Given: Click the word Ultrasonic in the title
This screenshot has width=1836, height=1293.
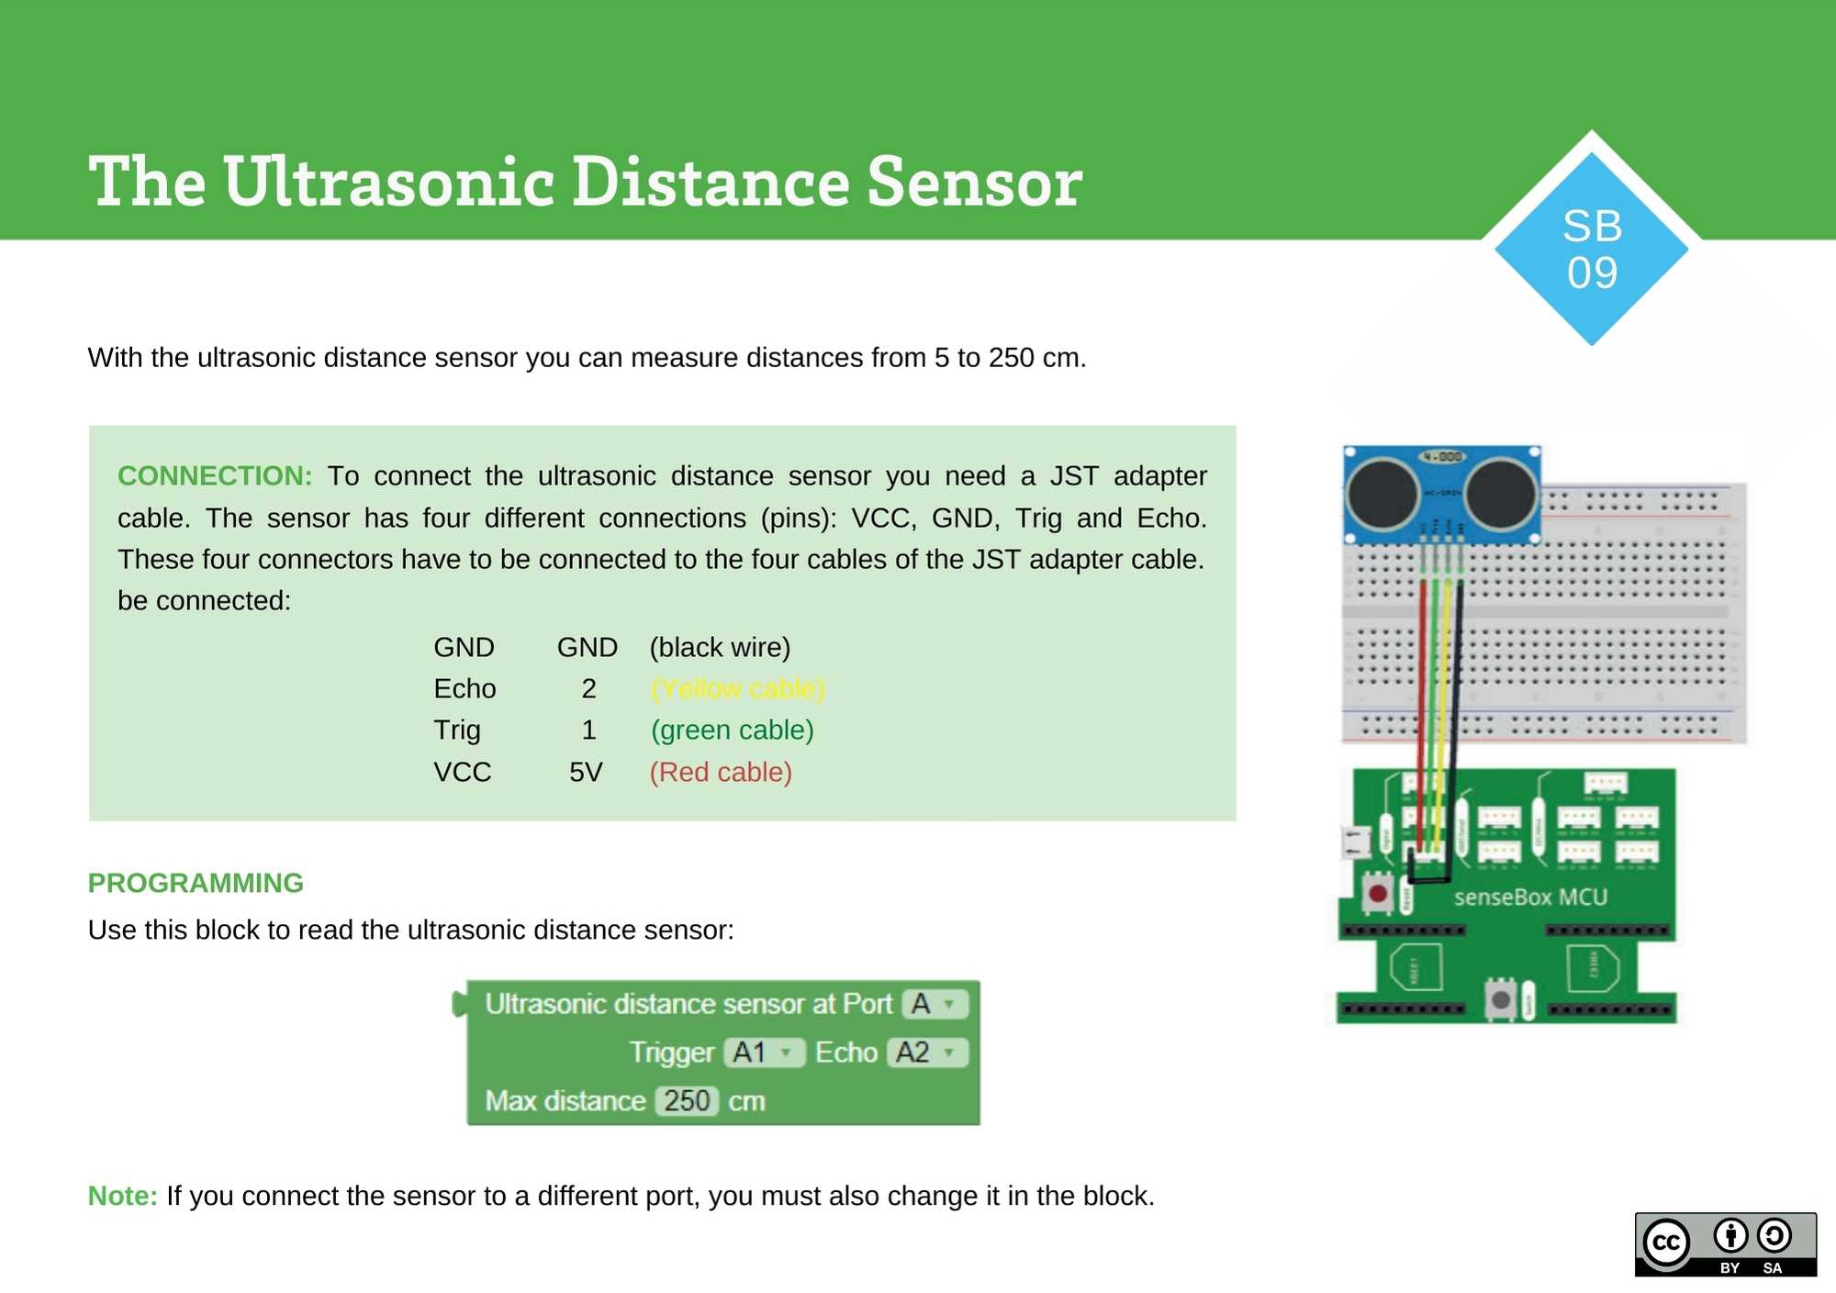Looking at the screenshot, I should click(389, 183).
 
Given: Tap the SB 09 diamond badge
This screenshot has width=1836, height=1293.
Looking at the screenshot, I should click(1592, 249).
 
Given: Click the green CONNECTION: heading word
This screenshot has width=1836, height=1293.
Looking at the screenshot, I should click(214, 475).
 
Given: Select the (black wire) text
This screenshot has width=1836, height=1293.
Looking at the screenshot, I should click(720, 647).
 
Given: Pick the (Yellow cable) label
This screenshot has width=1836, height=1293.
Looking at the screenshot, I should click(737, 688).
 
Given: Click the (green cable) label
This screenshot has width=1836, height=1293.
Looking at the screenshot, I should click(732, 730).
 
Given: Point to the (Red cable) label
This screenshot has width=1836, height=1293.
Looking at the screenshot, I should click(721, 772).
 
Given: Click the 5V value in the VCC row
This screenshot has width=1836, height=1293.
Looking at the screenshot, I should click(586, 772).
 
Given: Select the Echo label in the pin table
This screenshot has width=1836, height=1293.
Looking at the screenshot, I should click(465, 688).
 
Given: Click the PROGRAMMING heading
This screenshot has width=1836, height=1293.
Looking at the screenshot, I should click(196, 883).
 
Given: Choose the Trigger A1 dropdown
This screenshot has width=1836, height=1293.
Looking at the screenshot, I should click(763, 1053).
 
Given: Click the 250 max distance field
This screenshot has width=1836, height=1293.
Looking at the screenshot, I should click(687, 1100).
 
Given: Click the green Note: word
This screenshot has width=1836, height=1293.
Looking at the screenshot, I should click(122, 1196).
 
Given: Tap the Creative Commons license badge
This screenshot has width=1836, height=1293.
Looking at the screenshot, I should click(1725, 1243).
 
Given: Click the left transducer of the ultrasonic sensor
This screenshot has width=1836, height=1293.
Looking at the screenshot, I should click(1383, 493).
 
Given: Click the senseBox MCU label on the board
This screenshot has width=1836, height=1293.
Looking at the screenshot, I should click(1530, 897).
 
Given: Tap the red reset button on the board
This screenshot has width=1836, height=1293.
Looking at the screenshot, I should click(1377, 893).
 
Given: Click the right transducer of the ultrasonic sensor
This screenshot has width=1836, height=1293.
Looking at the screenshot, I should click(1501, 493).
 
